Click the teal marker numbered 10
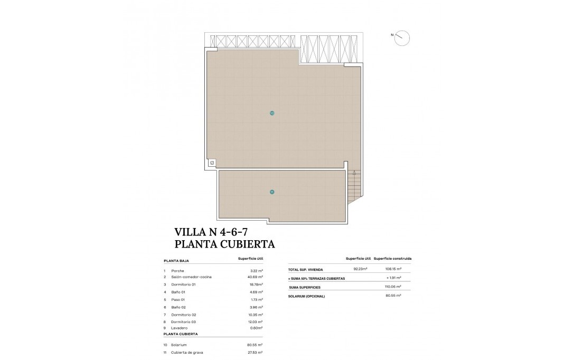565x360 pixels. pyautogui.click(x=272, y=113)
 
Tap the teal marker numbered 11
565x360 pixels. pyautogui.click(x=272, y=192)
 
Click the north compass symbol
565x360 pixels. pyautogui.click(x=402, y=37)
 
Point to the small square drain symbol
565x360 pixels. pyautogui.click(x=212, y=163)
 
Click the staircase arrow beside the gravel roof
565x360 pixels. pyautogui.click(x=354, y=173)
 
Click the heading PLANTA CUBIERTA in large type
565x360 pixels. pyautogui.click(x=224, y=244)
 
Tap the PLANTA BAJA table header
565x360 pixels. pyautogui.click(x=176, y=261)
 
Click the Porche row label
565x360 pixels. pyautogui.click(x=177, y=270)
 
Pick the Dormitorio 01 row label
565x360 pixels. pyautogui.click(x=183, y=285)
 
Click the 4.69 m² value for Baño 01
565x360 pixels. pyautogui.click(x=256, y=292)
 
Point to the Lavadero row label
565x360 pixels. pyautogui.click(x=180, y=328)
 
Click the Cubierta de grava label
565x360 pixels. pyautogui.click(x=186, y=352)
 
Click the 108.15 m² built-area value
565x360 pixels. pyautogui.click(x=392, y=269)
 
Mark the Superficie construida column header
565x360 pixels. pyautogui.click(x=392, y=259)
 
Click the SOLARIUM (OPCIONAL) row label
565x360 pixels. pyautogui.click(x=307, y=296)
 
